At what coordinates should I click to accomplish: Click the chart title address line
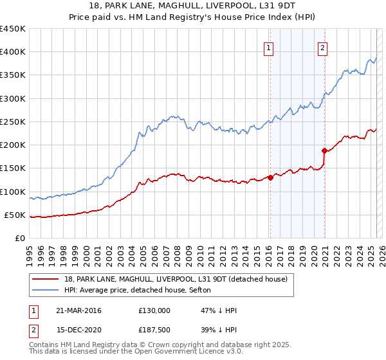[193, 6]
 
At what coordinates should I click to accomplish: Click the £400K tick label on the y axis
[12, 52]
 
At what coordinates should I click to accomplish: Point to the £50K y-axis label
[15, 215]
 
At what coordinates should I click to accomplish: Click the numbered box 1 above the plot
[269, 46]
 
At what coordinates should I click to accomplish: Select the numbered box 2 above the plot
[322, 46]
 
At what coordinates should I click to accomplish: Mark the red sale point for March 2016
[270, 178]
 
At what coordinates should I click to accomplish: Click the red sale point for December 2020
[324, 151]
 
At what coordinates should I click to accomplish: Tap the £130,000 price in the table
[154, 310]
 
